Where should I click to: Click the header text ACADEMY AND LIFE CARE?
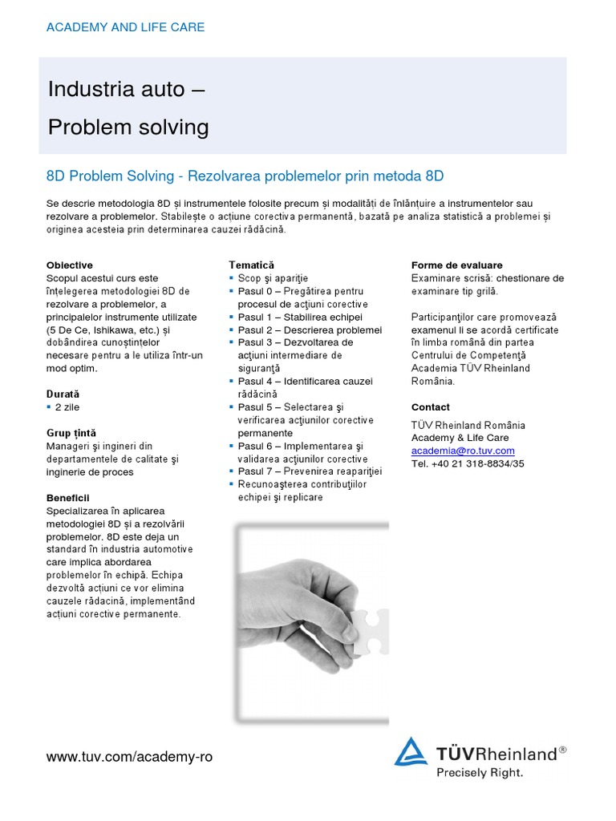125,27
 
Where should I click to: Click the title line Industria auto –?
127,89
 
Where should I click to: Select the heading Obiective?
70,265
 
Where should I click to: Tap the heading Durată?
63,394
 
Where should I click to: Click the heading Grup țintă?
71,433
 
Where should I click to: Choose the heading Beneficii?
68,498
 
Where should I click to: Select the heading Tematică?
251,265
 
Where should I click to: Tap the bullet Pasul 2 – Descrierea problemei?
310,330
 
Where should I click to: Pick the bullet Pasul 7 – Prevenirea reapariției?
310,471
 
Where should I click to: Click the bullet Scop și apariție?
273,278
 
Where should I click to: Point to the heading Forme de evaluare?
457,265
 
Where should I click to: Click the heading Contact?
431,407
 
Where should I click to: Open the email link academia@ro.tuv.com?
463,451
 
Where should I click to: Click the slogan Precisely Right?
480,773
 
